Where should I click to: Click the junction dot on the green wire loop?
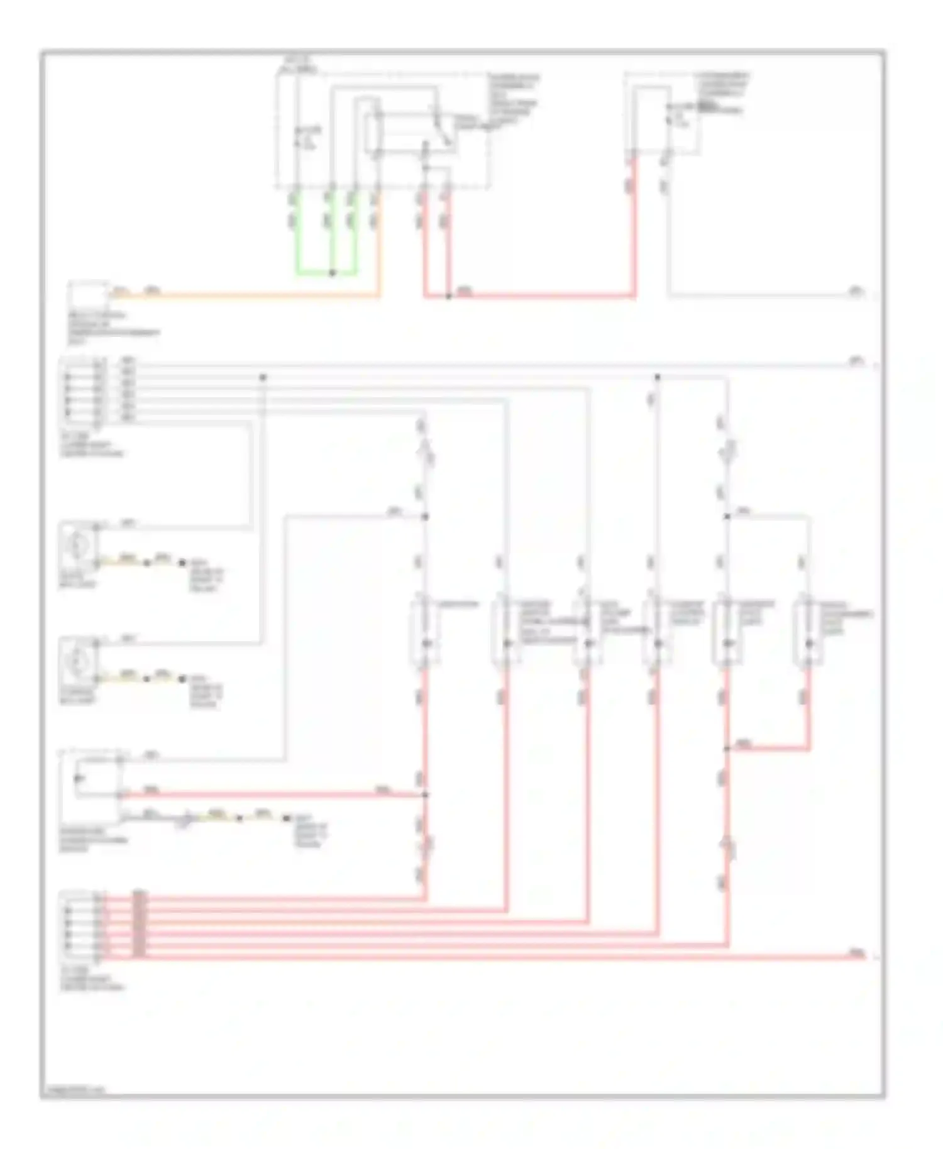point(333,273)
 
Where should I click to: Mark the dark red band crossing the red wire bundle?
point(140,925)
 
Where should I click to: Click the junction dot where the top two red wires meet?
point(448,296)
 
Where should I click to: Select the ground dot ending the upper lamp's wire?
point(183,563)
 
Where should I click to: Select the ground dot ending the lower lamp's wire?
point(183,679)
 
